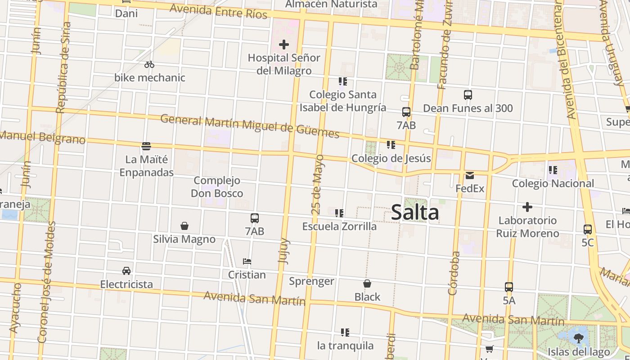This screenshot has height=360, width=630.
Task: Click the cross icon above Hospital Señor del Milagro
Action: pos(284,45)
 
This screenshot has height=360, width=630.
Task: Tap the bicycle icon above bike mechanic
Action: pos(149,65)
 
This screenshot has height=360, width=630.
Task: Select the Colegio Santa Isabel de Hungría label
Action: pos(343,101)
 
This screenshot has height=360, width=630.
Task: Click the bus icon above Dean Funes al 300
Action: pos(468,95)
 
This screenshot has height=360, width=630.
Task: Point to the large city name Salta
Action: pos(415,212)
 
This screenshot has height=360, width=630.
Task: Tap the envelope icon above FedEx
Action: pos(470,175)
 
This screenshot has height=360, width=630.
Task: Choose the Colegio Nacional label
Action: pos(553,184)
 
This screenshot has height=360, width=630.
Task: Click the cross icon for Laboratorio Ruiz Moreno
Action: pos(527,207)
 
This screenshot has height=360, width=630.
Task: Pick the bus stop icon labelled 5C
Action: pos(588,229)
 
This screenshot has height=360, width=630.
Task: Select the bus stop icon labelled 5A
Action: pos(509,287)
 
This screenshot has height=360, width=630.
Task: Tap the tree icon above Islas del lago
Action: pos(579,338)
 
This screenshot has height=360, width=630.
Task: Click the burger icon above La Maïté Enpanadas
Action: pos(146,146)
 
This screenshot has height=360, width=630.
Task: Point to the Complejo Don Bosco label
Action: pos(217,187)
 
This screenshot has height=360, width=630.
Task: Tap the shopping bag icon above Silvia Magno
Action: pos(184,225)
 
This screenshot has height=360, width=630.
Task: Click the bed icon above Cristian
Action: pos(247,261)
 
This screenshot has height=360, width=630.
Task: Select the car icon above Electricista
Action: pos(126,271)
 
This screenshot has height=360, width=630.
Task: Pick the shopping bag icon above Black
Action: pos(367,284)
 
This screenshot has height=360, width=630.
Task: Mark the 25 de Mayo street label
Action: pos(318,184)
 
